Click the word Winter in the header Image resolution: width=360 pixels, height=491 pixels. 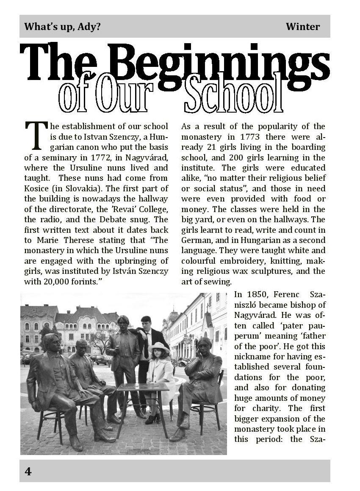pos(302,27)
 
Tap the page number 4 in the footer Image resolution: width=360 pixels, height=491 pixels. pos(28,471)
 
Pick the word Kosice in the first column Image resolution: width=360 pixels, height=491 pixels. pos(36,188)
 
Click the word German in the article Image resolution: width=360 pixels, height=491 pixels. pos(197,240)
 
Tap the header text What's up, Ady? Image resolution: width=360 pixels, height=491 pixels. pos(62,27)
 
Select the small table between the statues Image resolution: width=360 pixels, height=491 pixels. pos(143,387)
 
